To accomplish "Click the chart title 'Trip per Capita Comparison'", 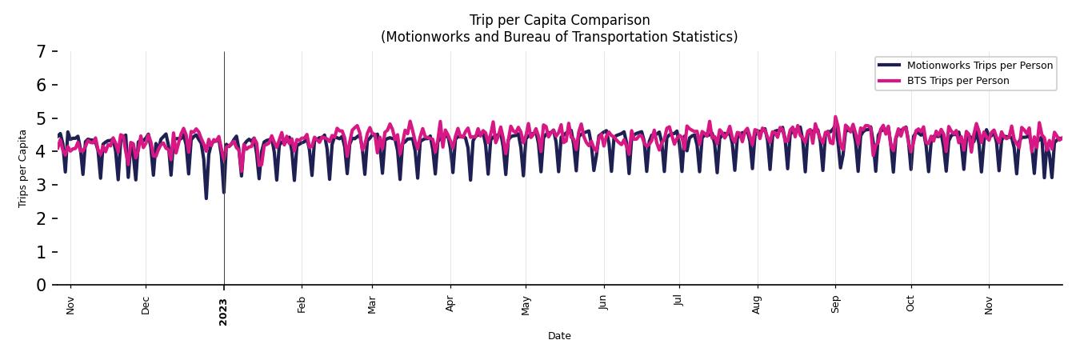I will pos(559,20).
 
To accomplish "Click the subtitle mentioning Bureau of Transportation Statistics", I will pos(559,37).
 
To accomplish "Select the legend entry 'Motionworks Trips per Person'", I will pos(979,65).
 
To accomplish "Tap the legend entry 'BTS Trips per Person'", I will pos(958,81).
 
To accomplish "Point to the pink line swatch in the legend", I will pos(889,81).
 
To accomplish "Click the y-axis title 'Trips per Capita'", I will pos(22,168).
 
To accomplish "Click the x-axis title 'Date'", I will pos(559,336).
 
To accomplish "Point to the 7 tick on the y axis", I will pos(40,52).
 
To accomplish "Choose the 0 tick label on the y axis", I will pos(40,286).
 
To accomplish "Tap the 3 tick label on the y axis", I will pos(40,186).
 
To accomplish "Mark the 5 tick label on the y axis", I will pos(40,118).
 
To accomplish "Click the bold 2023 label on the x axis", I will pos(223,312).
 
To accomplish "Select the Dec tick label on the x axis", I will pos(146,306).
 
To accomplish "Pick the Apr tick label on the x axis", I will pos(450,305).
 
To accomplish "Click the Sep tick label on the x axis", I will pos(835,305).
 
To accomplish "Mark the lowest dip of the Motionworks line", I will pos(206,198).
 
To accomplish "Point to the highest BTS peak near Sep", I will pos(835,117).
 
